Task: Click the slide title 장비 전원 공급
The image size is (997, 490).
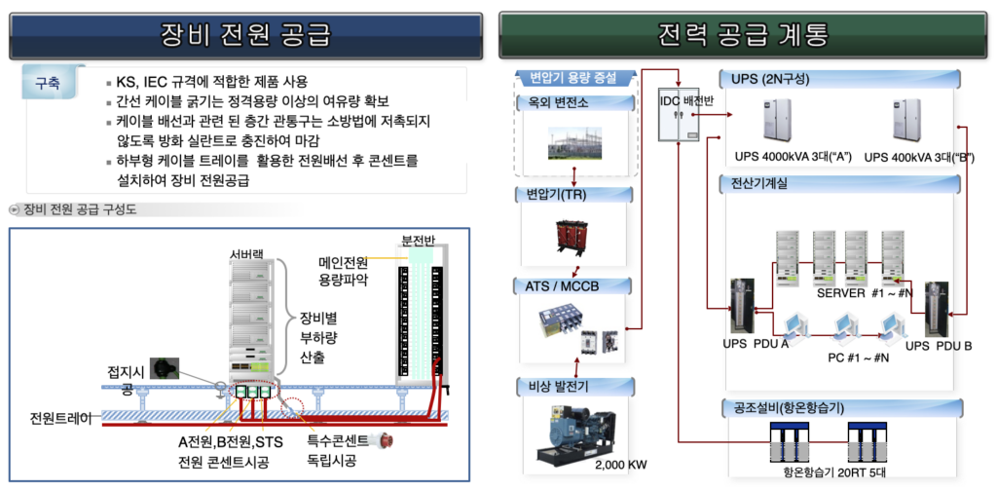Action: (x=245, y=35)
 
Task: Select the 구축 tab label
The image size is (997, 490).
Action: (x=48, y=84)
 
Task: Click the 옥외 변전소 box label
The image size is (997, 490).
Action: (x=551, y=102)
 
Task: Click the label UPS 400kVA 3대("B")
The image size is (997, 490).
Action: (x=919, y=157)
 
